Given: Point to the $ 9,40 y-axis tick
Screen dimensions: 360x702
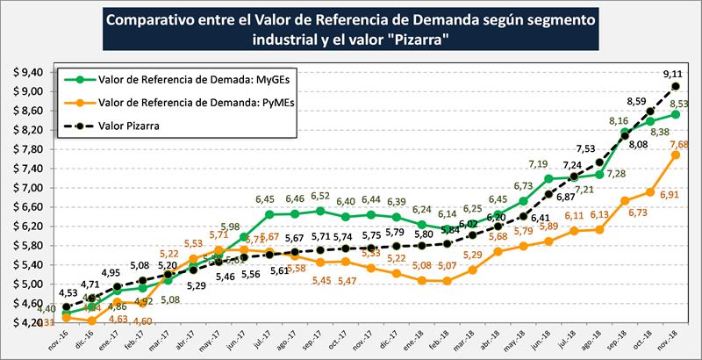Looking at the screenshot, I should [x=26, y=72].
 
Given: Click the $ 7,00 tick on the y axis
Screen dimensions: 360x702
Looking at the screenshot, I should [x=26, y=188].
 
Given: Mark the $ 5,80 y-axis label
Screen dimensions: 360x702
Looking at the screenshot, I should [x=26, y=246].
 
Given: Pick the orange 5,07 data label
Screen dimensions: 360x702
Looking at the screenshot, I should [x=445, y=291].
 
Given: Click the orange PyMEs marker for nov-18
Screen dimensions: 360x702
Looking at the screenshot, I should [x=675, y=155].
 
